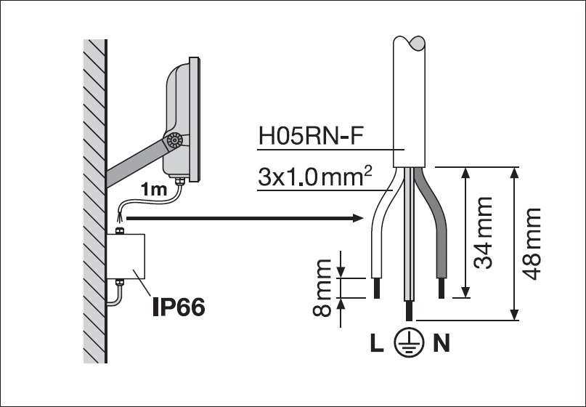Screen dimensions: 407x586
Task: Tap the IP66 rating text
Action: [x=178, y=307]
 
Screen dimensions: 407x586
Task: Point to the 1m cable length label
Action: [x=154, y=190]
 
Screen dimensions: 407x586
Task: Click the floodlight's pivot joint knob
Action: [x=174, y=142]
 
